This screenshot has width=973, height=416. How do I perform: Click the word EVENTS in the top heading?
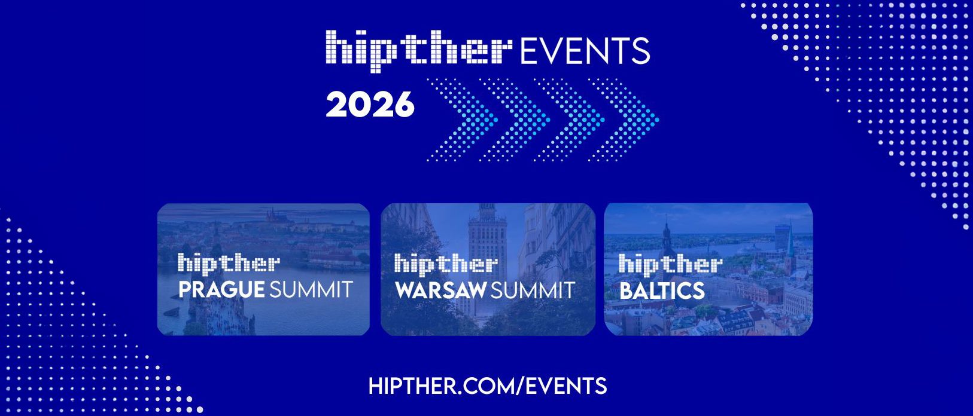coord(585,50)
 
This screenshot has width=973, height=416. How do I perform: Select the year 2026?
coord(370,105)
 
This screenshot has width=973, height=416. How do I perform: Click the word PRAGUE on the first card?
coord(221,290)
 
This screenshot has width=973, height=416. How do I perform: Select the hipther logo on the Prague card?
coord(229,264)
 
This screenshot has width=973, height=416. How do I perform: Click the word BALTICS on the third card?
coord(662,291)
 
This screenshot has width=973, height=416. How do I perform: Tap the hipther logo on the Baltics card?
coord(670,264)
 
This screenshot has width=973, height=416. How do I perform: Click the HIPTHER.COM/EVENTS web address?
coord(487,386)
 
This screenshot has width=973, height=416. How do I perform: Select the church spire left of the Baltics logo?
coord(667,236)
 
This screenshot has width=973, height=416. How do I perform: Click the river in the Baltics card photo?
coord(718,245)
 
